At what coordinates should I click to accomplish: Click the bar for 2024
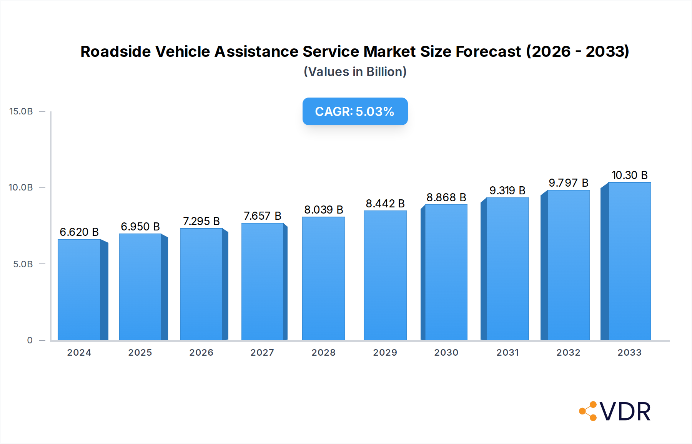pyautogui.click(x=79, y=290)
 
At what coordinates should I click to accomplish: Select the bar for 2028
pyautogui.click(x=323, y=279)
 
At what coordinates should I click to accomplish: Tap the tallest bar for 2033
pyautogui.click(x=629, y=262)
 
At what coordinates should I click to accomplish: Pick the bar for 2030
pyautogui.click(x=446, y=273)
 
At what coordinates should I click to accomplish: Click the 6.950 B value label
pyautogui.click(x=140, y=227)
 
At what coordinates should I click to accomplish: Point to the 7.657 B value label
pyautogui.click(x=263, y=216)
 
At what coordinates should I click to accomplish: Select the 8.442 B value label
pyautogui.click(x=385, y=204)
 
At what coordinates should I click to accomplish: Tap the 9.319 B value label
pyautogui.click(x=507, y=191)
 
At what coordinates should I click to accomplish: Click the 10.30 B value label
pyautogui.click(x=629, y=175)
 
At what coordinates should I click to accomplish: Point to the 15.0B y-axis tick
pyautogui.click(x=21, y=111)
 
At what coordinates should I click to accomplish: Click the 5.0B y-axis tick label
pyautogui.click(x=23, y=264)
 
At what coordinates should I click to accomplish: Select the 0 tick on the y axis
pyautogui.click(x=30, y=340)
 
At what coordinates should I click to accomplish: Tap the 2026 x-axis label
pyautogui.click(x=201, y=353)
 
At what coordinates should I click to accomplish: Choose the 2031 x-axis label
pyautogui.click(x=507, y=353)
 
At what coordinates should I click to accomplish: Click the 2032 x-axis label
pyautogui.click(x=568, y=353)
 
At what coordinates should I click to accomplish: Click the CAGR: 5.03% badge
pyautogui.click(x=355, y=111)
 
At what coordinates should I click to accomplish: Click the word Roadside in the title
pyautogui.click(x=115, y=51)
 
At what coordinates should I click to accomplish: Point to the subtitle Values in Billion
pyautogui.click(x=355, y=72)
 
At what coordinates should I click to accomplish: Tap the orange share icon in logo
pyautogui.click(x=588, y=411)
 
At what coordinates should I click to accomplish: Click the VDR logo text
pyautogui.click(x=625, y=412)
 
